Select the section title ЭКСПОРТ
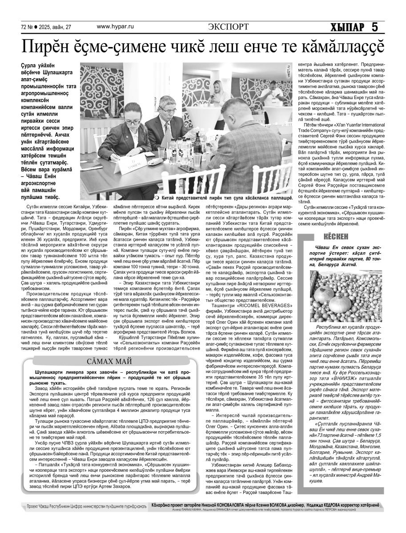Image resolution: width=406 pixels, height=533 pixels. (x=228, y=27)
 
